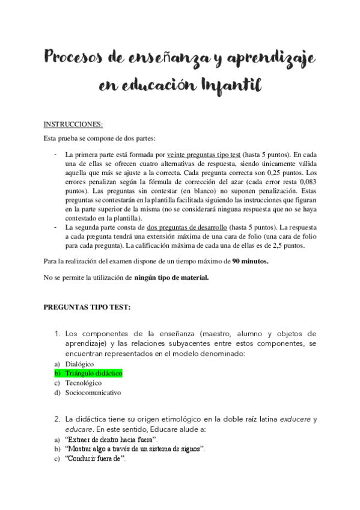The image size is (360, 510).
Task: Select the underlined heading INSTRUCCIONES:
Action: coord(73,124)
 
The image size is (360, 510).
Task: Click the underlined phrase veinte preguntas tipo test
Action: coord(205,154)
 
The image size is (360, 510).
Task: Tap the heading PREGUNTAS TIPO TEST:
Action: coord(87,307)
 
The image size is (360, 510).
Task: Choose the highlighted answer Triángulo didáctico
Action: coord(94,373)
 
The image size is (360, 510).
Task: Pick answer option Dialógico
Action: coord(80,364)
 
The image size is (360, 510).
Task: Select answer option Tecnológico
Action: coord(84,383)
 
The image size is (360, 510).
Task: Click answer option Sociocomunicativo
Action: coord(93,393)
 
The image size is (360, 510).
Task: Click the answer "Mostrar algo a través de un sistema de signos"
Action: coord(135,450)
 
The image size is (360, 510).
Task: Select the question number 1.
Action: coord(57,333)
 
